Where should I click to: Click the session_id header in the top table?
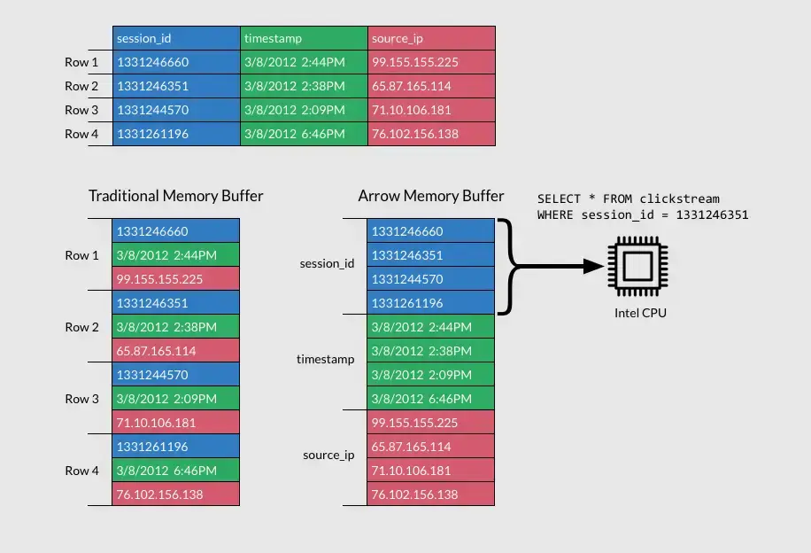click(x=176, y=38)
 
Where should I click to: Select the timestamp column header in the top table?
click(x=304, y=38)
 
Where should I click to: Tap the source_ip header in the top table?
click(x=431, y=38)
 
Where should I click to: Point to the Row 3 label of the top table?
click(x=82, y=110)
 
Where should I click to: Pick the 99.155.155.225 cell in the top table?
click(x=431, y=62)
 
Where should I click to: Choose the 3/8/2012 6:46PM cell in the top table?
click(x=304, y=134)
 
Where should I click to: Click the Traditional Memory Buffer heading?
click(x=175, y=196)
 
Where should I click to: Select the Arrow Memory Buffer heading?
click(x=431, y=196)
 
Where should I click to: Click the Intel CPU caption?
click(x=640, y=313)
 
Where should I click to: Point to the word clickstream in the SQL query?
click(x=680, y=199)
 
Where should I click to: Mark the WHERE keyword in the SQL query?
click(x=555, y=214)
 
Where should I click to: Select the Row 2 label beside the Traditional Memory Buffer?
click(x=82, y=327)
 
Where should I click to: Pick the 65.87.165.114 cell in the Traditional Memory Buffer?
click(x=176, y=351)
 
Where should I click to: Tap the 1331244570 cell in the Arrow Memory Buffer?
click(x=431, y=279)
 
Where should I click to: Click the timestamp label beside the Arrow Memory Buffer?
click(x=325, y=359)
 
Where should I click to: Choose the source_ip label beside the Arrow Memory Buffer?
click(x=328, y=455)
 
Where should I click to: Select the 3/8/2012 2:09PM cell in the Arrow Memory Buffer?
click(x=431, y=375)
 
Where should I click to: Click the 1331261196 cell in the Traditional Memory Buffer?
click(x=176, y=447)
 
